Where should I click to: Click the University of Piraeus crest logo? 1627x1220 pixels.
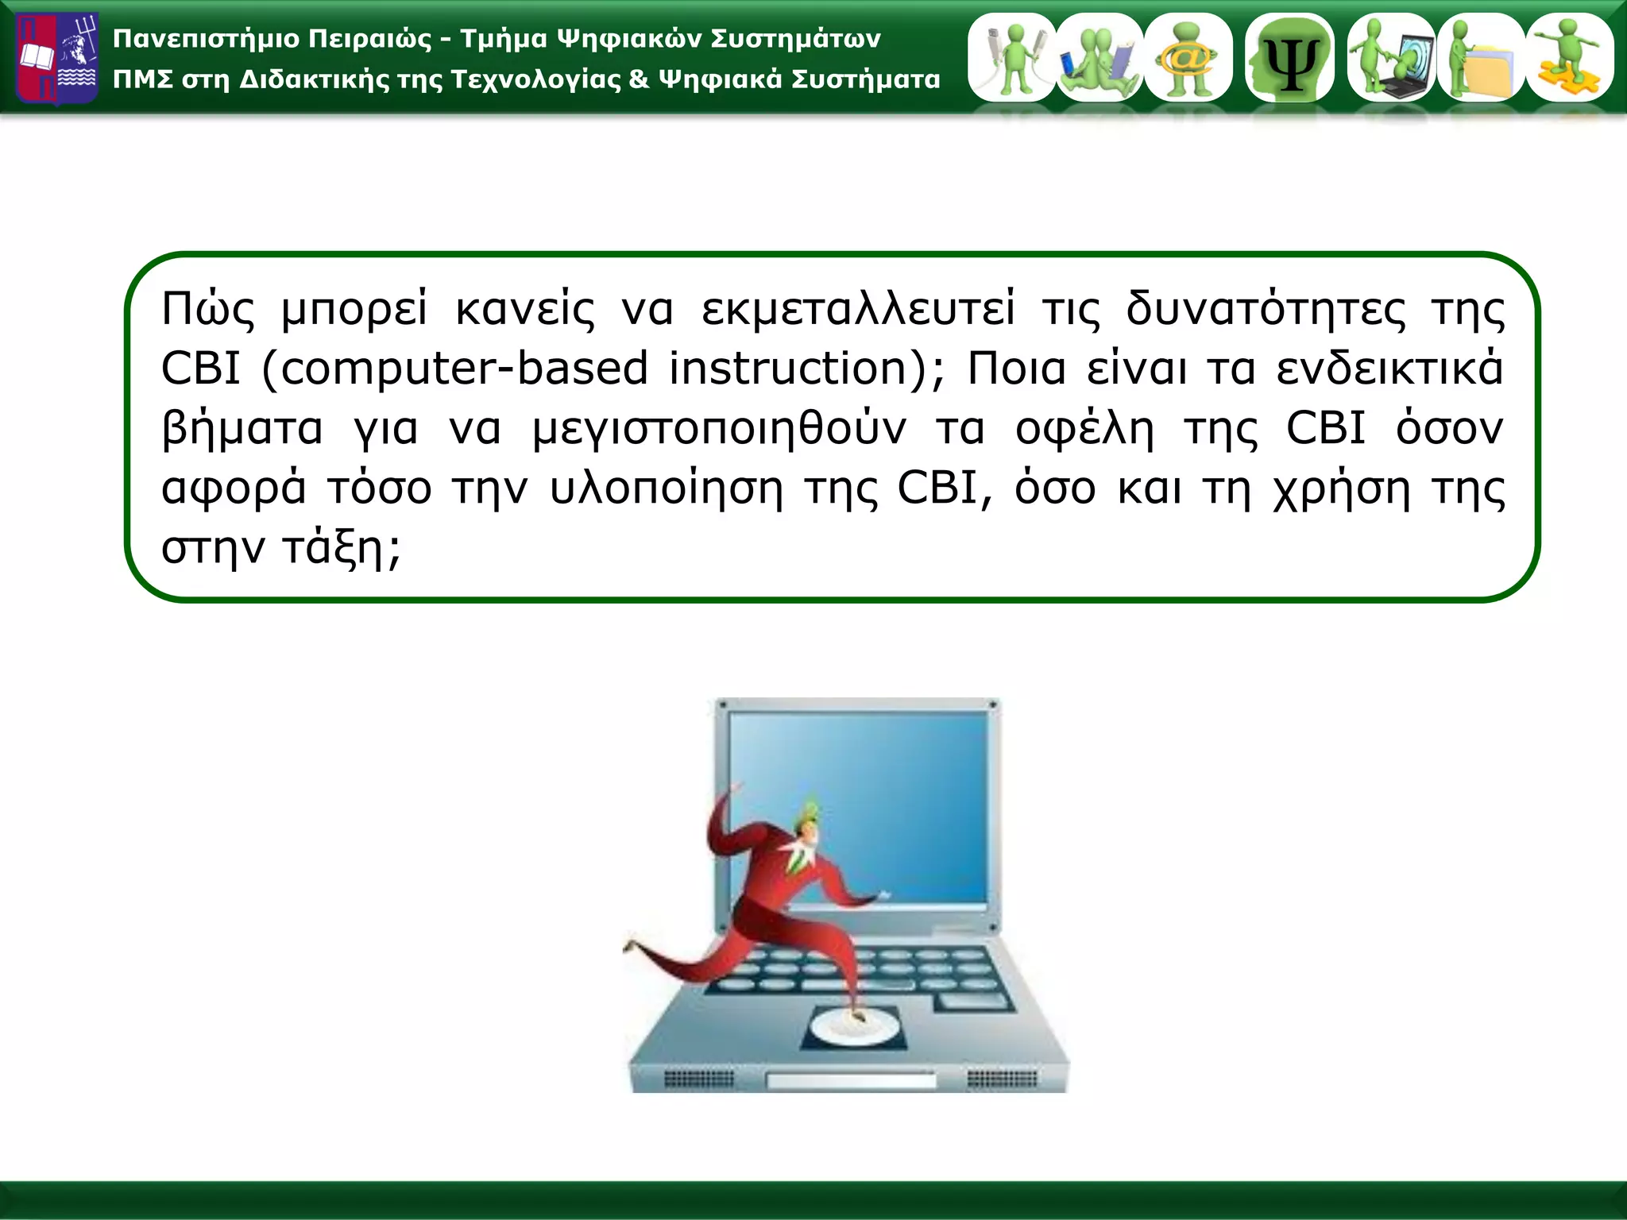point(57,59)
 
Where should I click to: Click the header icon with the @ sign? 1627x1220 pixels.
point(1188,57)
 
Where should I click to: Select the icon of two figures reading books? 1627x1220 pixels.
point(1099,57)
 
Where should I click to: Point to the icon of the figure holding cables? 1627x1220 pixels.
point(1012,57)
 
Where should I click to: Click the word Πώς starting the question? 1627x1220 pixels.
point(208,309)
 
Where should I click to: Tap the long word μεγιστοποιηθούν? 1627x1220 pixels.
point(719,429)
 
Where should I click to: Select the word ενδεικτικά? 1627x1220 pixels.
point(1389,369)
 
